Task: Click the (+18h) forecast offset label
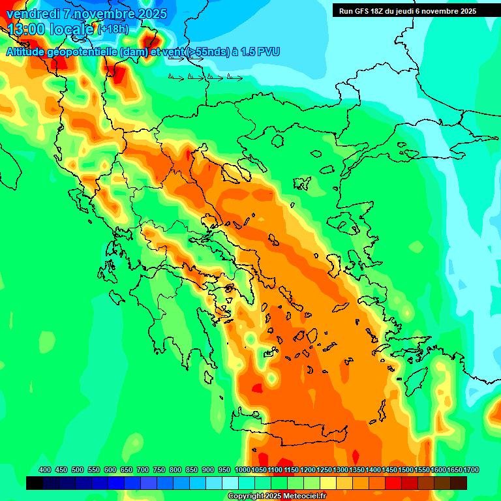tap(113, 29)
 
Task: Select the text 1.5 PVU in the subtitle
tap(260, 52)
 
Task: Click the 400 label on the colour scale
tap(45, 470)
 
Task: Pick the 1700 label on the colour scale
tap(455, 470)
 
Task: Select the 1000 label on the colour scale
tap(242, 470)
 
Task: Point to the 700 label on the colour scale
tap(143, 470)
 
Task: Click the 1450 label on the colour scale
tap(389, 470)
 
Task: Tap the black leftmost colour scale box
tap(35, 483)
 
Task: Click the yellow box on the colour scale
tap(328, 483)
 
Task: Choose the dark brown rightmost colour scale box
tap(459, 483)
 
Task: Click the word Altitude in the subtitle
tap(30, 52)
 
